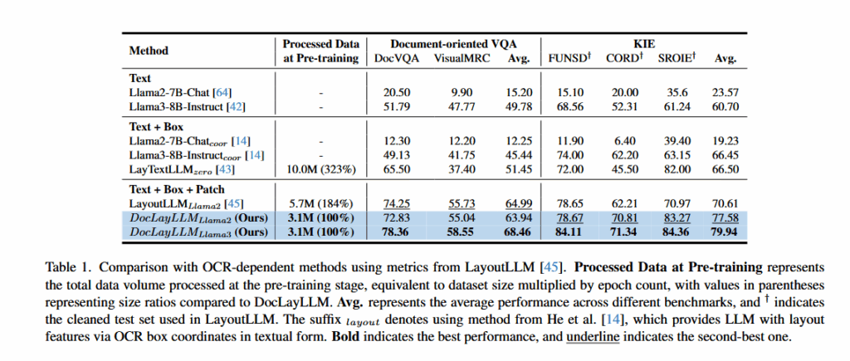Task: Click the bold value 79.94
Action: point(727,232)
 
